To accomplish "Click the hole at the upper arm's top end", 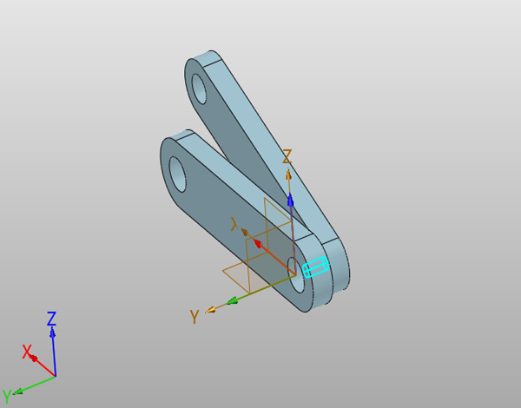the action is pyautogui.click(x=200, y=89).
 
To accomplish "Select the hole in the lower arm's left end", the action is pyautogui.click(x=177, y=174).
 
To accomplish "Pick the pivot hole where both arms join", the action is pyautogui.click(x=297, y=275).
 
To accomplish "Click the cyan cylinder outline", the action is pyautogui.click(x=316, y=267).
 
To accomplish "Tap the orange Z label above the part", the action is pyautogui.click(x=287, y=156).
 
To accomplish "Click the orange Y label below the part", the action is pyautogui.click(x=195, y=316).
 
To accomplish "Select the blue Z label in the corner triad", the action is pyautogui.click(x=51, y=319).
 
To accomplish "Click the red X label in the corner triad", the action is pyautogui.click(x=27, y=352).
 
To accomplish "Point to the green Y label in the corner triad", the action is pyautogui.click(x=7, y=396).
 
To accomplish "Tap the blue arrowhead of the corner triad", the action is pyautogui.click(x=52, y=332).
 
